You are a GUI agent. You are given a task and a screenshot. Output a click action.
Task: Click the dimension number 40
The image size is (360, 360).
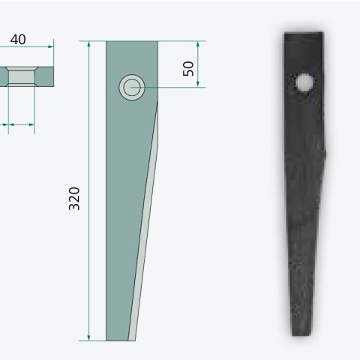(x=18, y=40)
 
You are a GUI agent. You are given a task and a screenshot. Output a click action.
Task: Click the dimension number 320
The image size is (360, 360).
(x=74, y=199)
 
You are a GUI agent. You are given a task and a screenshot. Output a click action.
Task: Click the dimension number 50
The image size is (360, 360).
(x=188, y=68)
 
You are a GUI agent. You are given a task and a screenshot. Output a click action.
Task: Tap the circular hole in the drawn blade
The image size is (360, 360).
(x=132, y=88)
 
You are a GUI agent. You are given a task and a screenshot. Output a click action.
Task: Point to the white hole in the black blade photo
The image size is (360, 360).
(x=304, y=82)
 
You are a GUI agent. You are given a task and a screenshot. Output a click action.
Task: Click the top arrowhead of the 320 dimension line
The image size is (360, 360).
(x=88, y=44)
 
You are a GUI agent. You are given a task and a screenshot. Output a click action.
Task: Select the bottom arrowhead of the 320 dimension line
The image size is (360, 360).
(x=88, y=337)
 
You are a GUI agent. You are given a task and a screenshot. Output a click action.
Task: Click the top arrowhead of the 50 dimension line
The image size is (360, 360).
(x=198, y=44)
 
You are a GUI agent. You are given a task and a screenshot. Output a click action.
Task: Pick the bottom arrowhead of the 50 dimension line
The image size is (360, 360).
(x=198, y=84)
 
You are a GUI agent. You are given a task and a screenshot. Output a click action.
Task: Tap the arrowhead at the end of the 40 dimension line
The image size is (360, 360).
(x=51, y=46)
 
